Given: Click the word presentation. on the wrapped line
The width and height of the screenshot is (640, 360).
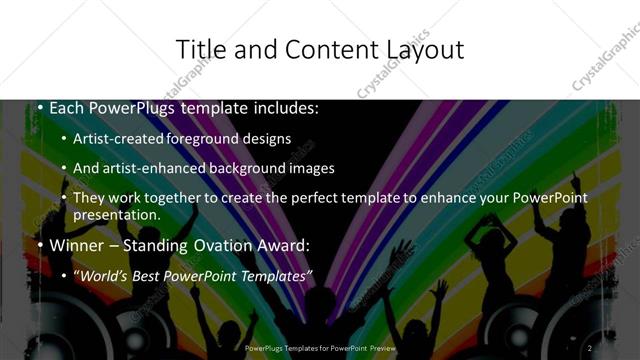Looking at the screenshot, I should point(117,214).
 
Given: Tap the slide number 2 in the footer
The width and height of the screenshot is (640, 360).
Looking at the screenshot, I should point(590,347).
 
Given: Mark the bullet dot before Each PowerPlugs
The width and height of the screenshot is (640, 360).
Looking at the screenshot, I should point(38,106).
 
